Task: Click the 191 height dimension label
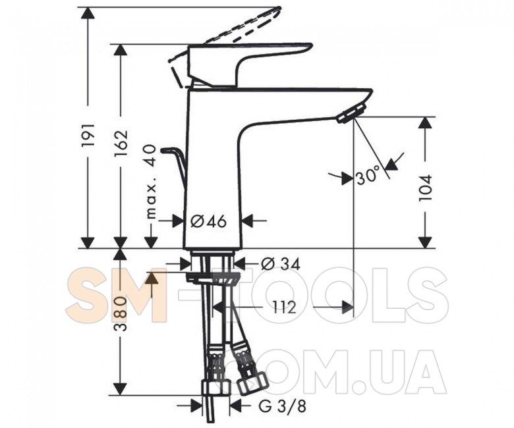tap(88, 135)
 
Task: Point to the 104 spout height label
tap(426, 188)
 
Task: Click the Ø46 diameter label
tap(208, 222)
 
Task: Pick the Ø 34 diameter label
tap(281, 263)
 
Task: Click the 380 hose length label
tap(121, 313)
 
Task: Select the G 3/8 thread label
tap(282, 407)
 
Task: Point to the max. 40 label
tap(150, 182)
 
